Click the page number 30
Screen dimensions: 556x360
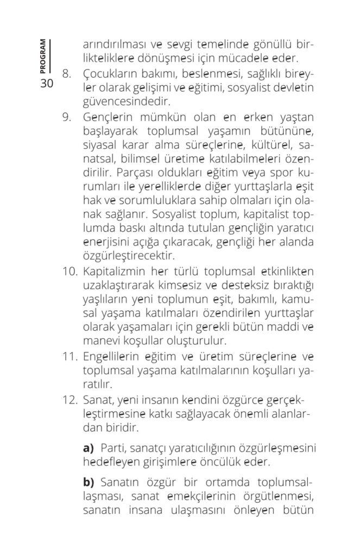46,84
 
